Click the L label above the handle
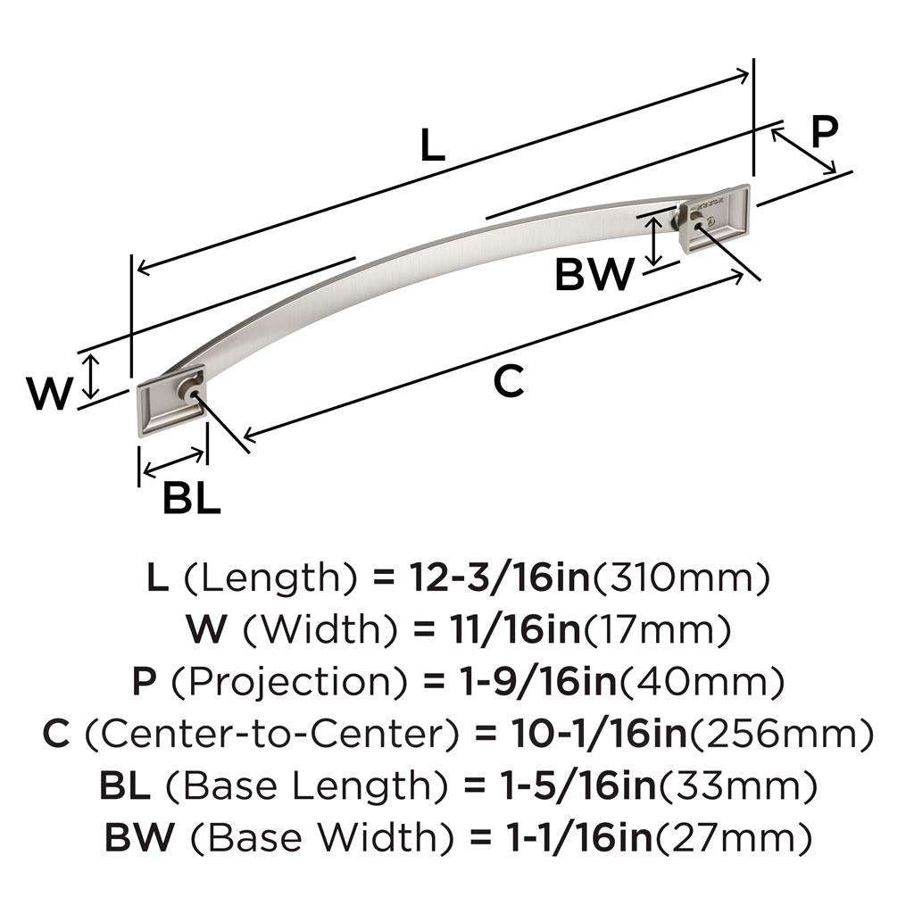[432, 145]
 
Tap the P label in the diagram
[824, 131]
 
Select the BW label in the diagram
[594, 275]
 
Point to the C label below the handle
[508, 382]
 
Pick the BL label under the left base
[191, 500]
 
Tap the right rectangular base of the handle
[715, 215]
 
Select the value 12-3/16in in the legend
[499, 579]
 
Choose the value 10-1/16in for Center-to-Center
[601, 735]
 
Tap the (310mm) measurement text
[680, 579]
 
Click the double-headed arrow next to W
[90, 376]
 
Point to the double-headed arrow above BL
[172, 464]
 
